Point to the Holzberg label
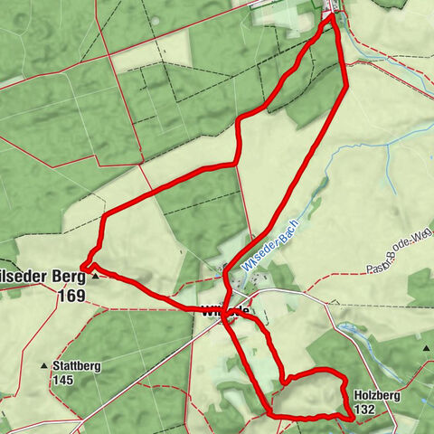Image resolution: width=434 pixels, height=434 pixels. tap(377, 395)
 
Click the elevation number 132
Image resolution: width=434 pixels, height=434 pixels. tap(365, 410)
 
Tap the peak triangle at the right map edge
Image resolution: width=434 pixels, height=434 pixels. tap(426, 346)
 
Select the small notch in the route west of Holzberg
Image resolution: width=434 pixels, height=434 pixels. tap(282, 381)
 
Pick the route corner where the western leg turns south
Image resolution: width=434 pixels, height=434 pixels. tap(102, 216)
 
